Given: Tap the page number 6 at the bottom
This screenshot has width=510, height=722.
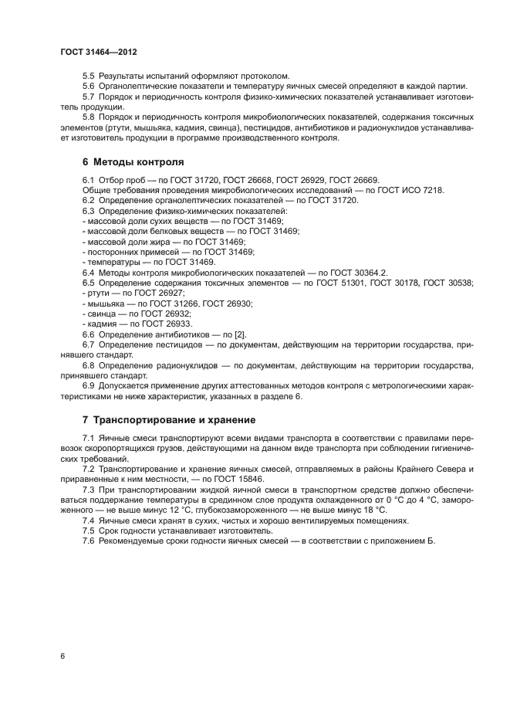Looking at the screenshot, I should (x=62, y=656).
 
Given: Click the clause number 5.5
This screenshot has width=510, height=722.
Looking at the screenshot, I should (x=88, y=75).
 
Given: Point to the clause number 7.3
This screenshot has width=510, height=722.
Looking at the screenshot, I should (x=88, y=490).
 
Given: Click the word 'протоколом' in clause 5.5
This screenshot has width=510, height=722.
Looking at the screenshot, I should (x=263, y=75).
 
